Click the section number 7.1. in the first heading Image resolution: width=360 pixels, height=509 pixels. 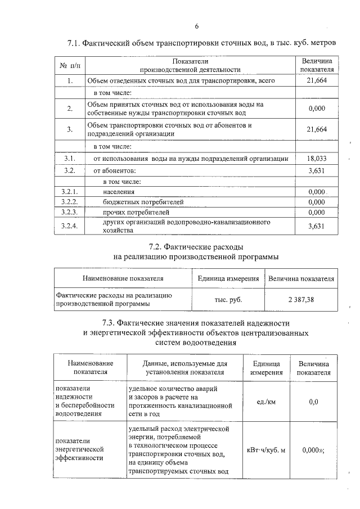[x=75, y=43]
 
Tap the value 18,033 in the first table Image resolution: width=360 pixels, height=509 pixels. [x=317, y=159]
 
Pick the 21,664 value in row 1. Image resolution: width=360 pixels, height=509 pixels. [x=317, y=81]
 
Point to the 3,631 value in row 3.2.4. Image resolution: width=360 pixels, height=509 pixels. [x=317, y=227]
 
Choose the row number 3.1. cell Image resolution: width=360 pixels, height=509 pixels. [x=70, y=159]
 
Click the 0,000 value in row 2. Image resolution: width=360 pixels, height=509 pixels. [x=317, y=109]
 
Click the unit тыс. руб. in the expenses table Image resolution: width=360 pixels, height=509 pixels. [x=228, y=300]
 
